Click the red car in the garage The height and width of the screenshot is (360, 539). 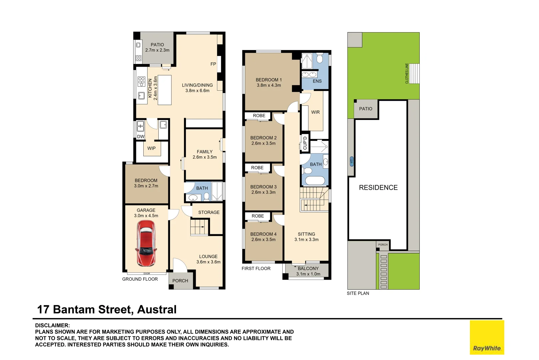(x=146, y=243)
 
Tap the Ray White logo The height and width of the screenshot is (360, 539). (x=487, y=337)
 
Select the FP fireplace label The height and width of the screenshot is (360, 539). (x=213, y=64)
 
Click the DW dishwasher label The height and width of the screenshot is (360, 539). (x=141, y=137)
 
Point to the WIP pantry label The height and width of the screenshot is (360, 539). (x=151, y=148)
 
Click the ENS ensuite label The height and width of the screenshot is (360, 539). (x=317, y=81)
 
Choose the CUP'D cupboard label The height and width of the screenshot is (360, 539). (x=305, y=143)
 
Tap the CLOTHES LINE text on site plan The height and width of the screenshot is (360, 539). (x=407, y=73)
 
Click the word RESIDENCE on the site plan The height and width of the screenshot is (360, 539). (x=378, y=187)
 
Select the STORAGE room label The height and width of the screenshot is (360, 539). (x=209, y=212)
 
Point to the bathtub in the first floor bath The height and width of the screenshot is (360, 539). (x=315, y=180)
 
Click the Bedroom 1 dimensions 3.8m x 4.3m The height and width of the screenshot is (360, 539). (x=269, y=85)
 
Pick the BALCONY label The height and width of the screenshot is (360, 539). (x=308, y=268)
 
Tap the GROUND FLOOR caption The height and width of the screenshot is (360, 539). (x=140, y=279)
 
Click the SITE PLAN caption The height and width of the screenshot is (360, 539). (x=358, y=293)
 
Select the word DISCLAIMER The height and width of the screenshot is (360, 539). (x=52, y=325)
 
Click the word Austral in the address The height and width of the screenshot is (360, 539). (x=157, y=309)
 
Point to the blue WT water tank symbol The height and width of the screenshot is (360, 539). (x=352, y=161)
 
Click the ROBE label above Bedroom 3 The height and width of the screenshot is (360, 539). (x=257, y=168)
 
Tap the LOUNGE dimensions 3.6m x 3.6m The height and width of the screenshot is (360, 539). (x=208, y=262)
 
